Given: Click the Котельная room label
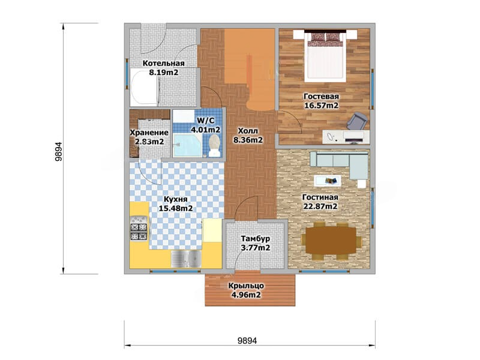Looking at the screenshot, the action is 163,64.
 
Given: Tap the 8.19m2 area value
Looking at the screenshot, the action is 163,73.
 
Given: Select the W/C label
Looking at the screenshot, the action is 205,120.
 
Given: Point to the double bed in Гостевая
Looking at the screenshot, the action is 325,56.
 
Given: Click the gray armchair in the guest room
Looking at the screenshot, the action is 357,121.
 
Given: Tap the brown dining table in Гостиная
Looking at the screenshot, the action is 332,241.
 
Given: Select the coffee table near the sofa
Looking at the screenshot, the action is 327,181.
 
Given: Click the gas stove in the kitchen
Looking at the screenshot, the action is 139,228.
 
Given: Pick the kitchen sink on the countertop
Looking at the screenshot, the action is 186,259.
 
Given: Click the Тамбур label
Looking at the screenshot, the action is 256,238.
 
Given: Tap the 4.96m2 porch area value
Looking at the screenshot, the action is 246,295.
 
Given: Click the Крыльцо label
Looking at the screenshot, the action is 246,286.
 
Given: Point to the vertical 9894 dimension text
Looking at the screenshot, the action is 58,152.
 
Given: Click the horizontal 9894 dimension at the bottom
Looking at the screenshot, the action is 247,340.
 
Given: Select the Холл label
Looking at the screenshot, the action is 248,131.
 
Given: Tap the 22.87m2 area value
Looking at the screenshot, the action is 320,206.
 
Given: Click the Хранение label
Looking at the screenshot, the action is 149,133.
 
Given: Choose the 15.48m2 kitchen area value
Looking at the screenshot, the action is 176,208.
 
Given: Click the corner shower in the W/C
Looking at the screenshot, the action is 187,145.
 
